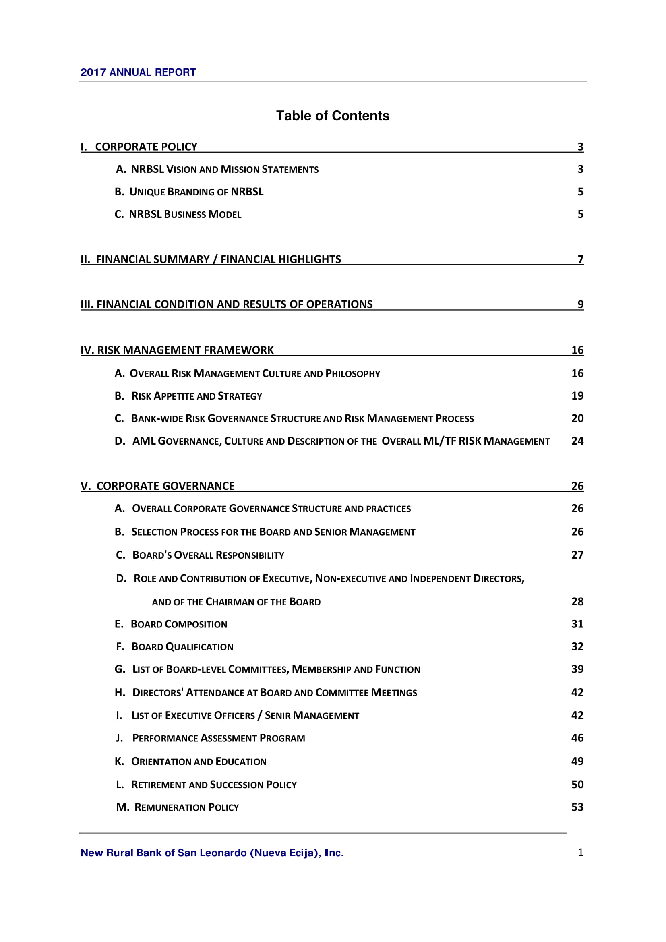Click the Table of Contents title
coord(333,116)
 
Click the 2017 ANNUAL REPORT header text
coord(138,72)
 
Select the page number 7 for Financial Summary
coord(580,259)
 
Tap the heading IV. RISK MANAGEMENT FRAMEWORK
coord(177,350)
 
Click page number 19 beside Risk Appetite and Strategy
coord(577,396)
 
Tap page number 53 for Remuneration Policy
coord(577,807)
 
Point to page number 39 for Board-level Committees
coord(577,669)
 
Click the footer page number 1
coord(580,853)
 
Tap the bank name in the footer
coord(212,853)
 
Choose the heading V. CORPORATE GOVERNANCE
coord(157,486)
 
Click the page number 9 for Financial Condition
coord(580,304)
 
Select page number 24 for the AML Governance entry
coord(577,441)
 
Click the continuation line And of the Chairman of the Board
coord(236,602)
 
